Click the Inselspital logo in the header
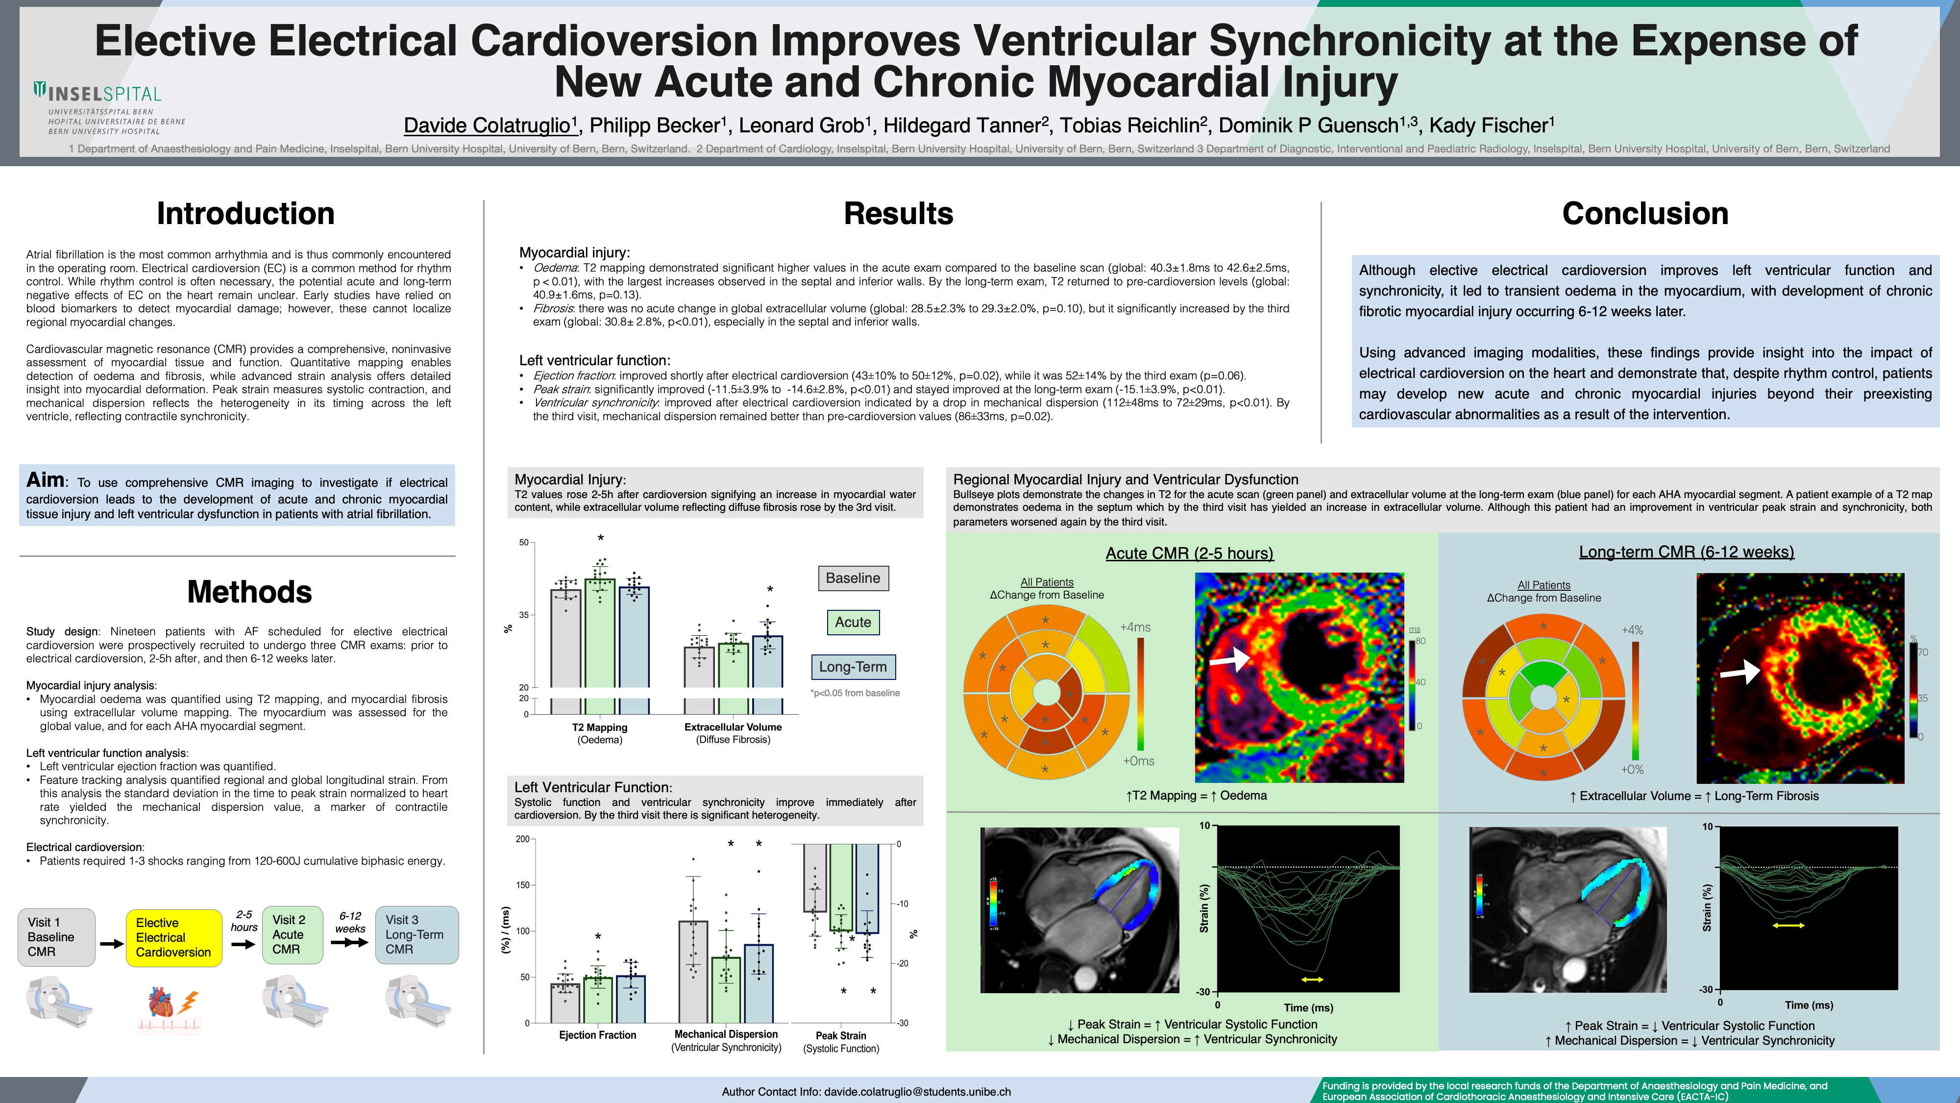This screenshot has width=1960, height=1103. [99, 95]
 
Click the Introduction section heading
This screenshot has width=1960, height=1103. [245, 214]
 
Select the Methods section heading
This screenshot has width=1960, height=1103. [249, 592]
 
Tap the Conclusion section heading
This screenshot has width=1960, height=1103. [1645, 214]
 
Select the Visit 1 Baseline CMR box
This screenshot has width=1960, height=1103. [56, 937]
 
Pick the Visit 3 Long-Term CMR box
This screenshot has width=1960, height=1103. [416, 935]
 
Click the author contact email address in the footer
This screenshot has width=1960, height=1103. [917, 1092]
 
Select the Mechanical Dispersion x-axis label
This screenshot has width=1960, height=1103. [726, 1034]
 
